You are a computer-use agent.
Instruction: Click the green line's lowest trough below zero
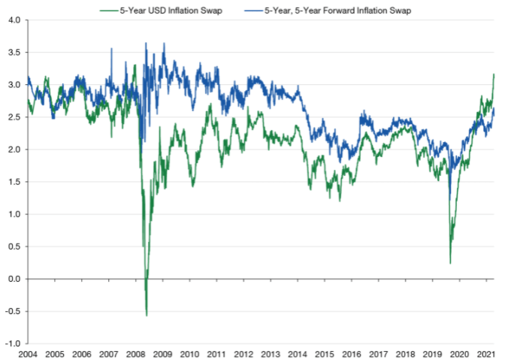click(147, 315)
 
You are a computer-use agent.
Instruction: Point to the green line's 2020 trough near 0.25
click(450, 263)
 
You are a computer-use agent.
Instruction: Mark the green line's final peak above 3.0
click(493, 74)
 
